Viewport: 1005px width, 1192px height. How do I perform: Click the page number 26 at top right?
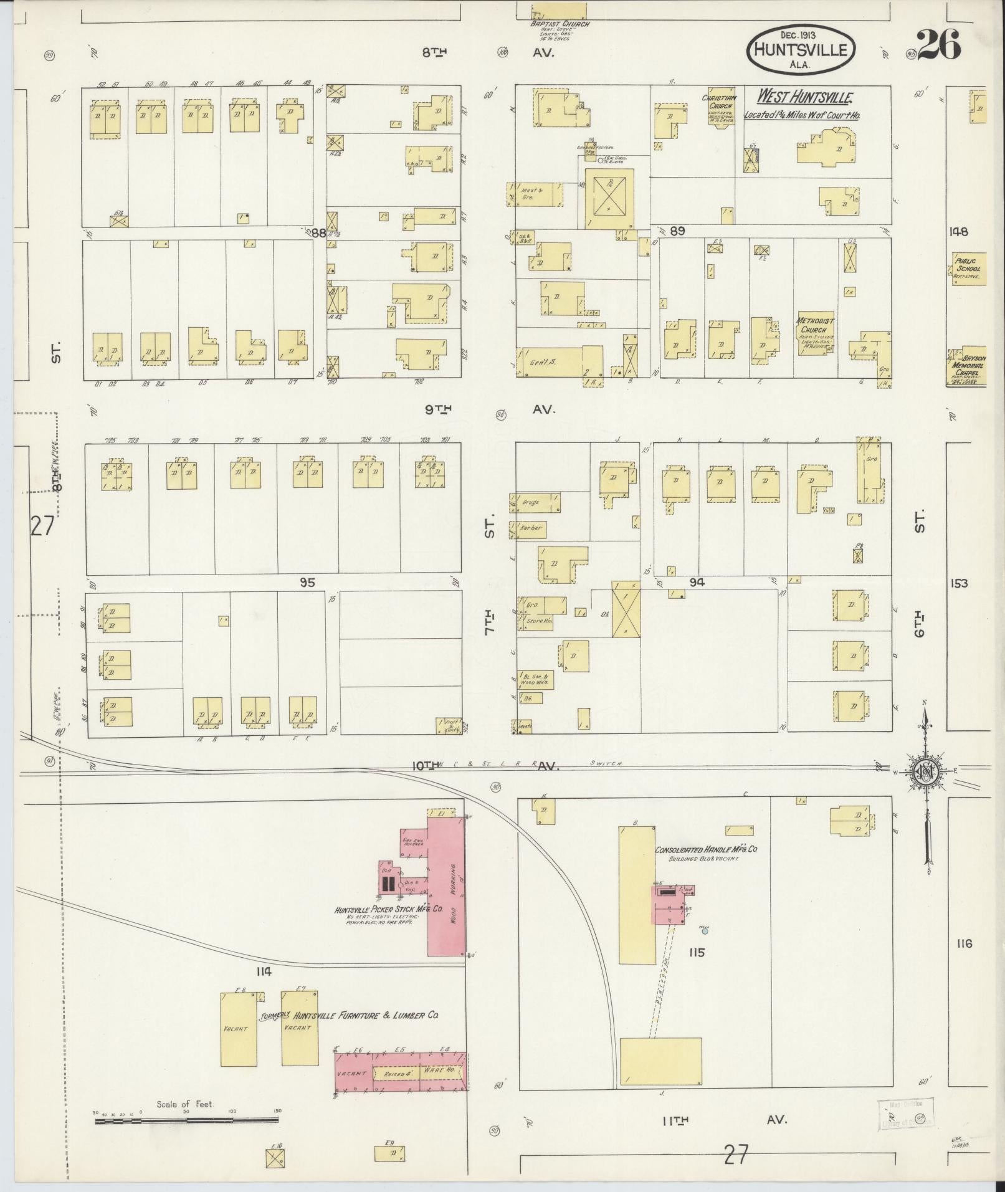939,45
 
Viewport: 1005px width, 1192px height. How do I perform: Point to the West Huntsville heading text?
804,97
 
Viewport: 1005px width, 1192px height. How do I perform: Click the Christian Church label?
719,102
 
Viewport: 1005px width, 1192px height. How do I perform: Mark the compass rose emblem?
925,772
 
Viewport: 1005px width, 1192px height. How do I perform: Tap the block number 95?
307,583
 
